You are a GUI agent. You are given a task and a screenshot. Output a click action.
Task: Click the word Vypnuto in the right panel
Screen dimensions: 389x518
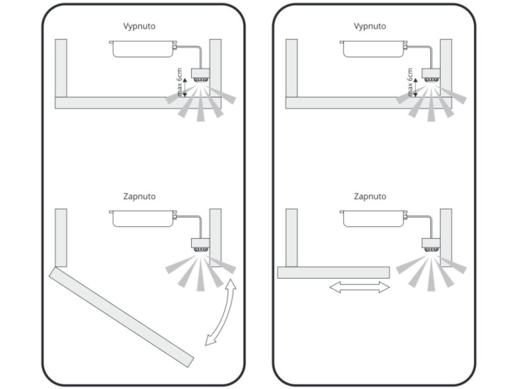[369, 26]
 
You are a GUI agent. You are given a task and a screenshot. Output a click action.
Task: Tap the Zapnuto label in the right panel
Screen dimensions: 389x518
[369, 196]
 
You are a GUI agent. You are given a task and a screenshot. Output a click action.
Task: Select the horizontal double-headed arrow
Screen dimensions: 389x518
[359, 287]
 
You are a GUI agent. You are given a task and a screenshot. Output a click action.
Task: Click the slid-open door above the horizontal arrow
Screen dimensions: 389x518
[334, 273]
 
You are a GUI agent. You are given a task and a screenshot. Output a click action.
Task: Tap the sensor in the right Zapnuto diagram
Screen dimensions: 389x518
[431, 245]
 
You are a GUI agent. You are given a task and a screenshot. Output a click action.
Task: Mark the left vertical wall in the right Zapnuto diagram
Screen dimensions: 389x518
[292, 238]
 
